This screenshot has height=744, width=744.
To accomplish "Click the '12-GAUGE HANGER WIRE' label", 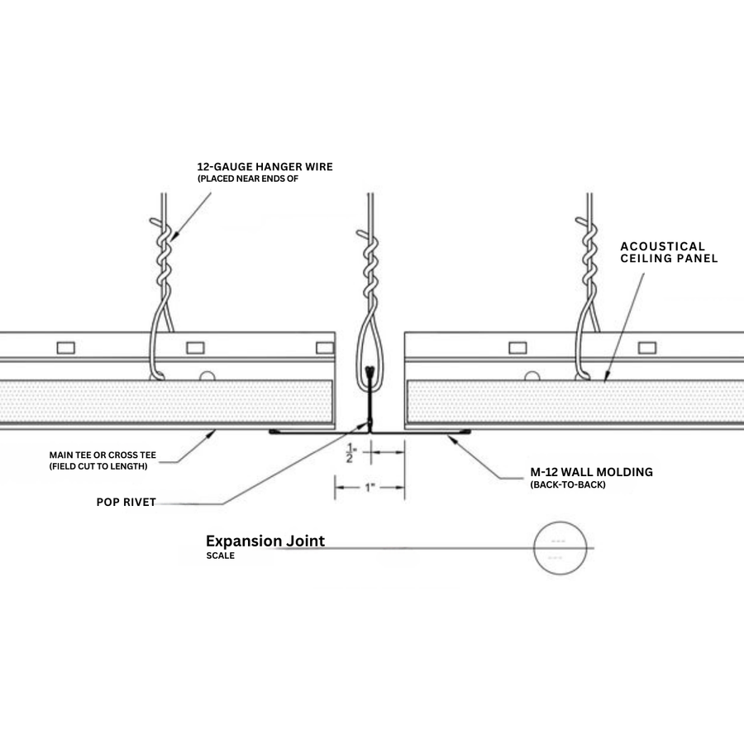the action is point(265,166).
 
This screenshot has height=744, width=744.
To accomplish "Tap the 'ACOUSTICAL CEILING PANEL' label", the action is point(669,252).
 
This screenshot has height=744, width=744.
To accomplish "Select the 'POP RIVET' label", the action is point(126,502).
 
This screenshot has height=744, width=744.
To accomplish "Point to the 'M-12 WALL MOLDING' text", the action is point(591,472).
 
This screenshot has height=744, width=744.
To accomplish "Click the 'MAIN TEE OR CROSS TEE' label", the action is point(103,455).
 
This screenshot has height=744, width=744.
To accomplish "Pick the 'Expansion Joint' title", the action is point(265,541).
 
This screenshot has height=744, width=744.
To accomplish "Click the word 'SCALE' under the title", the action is point(220,556).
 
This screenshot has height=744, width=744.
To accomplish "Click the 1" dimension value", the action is point(370,487).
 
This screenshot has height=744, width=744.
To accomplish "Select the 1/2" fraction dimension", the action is point(351,453).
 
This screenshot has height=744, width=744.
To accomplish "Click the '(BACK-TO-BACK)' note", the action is point(568,485).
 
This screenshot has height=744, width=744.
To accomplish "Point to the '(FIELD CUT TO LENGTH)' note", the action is point(98,466).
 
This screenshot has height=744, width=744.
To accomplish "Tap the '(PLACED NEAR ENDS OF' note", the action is point(248,179).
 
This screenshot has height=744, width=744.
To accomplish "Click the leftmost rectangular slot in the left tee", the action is point(66,348).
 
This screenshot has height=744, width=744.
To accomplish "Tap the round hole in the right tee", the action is point(532,376).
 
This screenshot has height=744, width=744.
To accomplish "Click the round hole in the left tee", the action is point(207,376).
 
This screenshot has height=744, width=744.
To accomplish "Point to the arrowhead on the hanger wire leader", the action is point(174,235).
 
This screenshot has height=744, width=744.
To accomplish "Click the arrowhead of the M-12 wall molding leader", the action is point(451,438).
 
